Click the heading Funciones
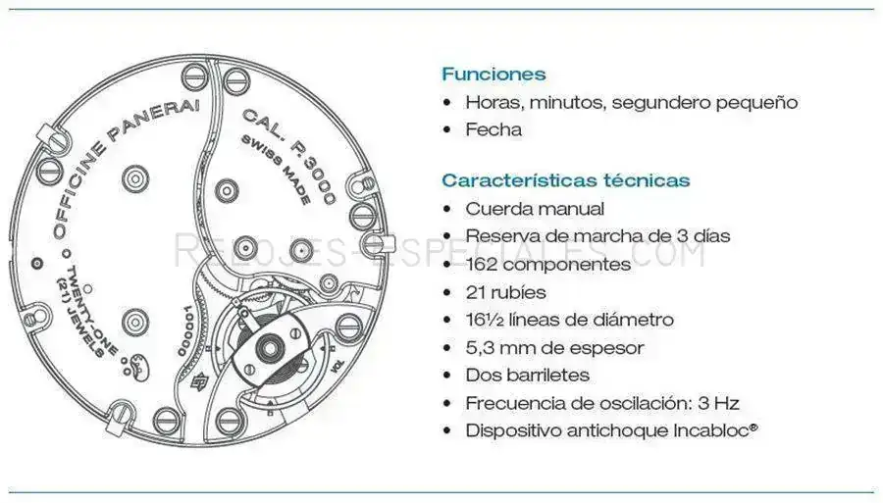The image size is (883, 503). click(x=493, y=74)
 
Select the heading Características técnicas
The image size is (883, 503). click(x=565, y=180)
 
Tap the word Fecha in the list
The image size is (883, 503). click(x=493, y=129)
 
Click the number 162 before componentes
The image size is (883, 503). click(x=482, y=264)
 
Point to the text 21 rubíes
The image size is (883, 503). click(x=505, y=292)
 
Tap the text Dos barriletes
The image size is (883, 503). click(x=527, y=375)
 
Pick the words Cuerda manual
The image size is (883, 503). click(x=535, y=209)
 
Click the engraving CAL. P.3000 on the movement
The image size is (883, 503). click(x=288, y=155)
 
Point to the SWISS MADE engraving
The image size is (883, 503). click(x=276, y=170)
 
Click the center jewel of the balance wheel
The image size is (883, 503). click(x=270, y=344)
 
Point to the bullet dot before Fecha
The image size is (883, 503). click(x=447, y=130)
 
